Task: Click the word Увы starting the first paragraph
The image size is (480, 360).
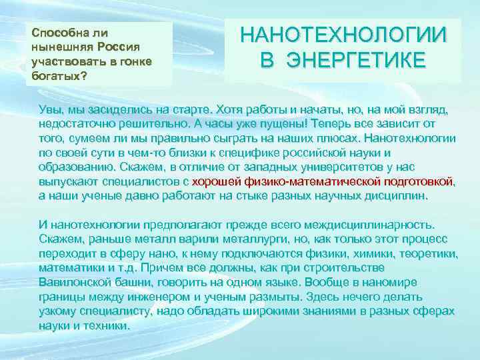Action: click(x=50, y=110)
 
